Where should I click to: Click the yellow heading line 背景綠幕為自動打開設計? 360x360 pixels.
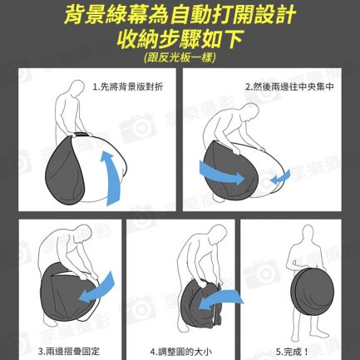[180, 14]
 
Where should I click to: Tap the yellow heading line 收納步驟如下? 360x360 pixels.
[180, 39]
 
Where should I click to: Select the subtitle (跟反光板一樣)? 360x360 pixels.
[180, 57]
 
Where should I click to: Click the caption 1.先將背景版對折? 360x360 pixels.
[128, 87]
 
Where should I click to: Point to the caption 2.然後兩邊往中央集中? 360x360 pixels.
[290, 87]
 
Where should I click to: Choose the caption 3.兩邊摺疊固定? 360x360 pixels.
[69, 352]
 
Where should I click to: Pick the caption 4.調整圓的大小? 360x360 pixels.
[181, 352]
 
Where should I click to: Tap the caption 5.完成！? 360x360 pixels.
[292, 352]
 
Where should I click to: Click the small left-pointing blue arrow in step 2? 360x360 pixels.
[280, 177]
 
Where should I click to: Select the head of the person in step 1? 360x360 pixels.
[76, 89]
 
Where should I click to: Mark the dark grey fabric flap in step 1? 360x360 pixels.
[65, 170]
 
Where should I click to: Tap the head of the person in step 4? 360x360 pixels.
[218, 235]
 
